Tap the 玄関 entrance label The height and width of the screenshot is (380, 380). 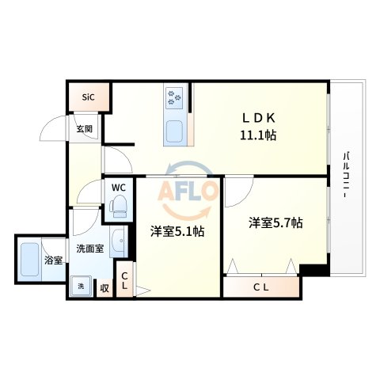(84, 128)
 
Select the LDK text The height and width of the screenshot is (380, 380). (259, 118)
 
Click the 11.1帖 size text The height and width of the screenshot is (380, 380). (259, 135)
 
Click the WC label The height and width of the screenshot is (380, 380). (118, 188)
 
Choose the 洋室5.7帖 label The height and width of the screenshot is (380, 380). (275, 223)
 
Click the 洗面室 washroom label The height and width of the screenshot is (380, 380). (89, 249)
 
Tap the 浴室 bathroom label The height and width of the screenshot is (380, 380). (54, 260)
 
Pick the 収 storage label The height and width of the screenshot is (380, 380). (104, 288)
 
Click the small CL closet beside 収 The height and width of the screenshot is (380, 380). (124, 282)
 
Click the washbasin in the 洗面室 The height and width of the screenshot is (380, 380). (118, 241)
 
